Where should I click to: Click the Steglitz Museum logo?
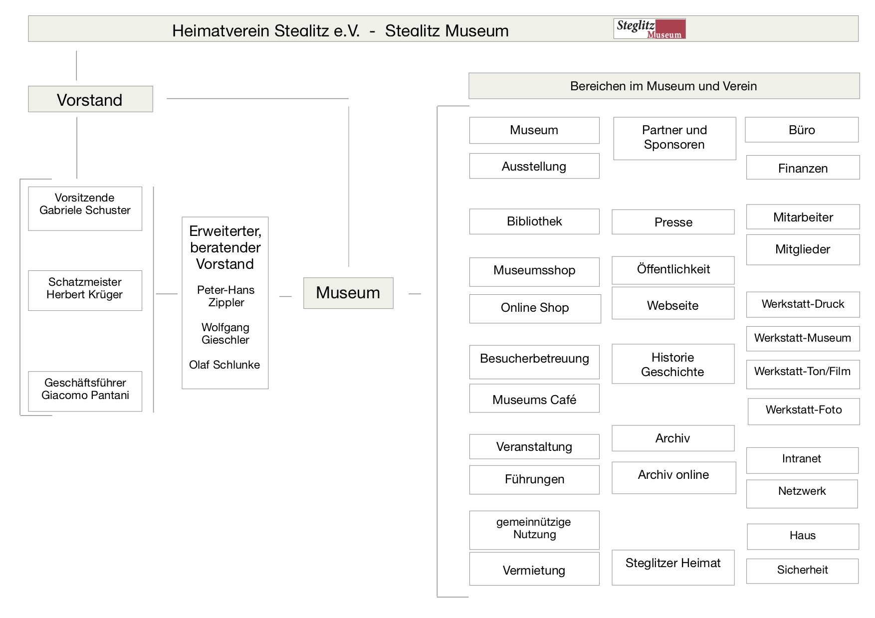point(650,29)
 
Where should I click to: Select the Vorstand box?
point(90,99)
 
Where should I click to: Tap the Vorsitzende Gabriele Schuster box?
point(85,208)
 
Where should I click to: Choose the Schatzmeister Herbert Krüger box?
point(85,290)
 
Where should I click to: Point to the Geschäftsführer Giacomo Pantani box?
point(85,391)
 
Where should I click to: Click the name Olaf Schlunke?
point(224,365)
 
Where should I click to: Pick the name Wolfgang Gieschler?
point(225,334)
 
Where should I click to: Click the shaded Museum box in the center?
point(348,293)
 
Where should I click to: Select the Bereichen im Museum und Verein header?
point(664,86)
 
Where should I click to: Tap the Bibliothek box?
point(534,221)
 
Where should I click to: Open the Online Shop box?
point(535,309)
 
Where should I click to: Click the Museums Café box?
point(534,398)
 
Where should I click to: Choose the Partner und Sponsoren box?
point(674,138)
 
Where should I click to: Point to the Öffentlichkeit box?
point(673,270)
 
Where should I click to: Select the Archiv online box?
point(674,477)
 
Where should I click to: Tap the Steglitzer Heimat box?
point(673,567)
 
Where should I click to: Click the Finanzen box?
point(803,167)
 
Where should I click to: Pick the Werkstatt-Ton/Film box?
point(803,374)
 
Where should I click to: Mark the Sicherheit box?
point(803,571)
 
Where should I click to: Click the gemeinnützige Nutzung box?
point(534,530)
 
